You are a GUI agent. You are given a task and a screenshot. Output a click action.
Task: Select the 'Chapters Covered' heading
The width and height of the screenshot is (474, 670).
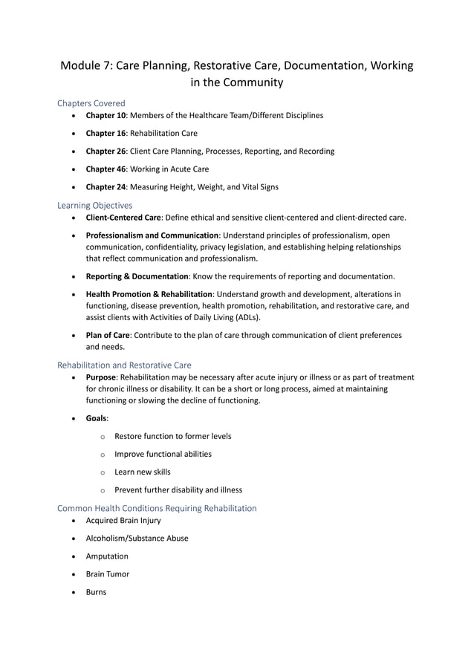[x=91, y=103]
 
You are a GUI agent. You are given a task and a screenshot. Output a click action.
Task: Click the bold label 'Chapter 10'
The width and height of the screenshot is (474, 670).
[x=105, y=115]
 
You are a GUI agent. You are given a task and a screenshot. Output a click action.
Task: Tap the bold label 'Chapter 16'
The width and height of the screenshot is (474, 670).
[x=105, y=133]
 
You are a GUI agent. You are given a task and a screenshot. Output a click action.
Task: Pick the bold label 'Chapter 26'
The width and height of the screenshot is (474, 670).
[x=105, y=151]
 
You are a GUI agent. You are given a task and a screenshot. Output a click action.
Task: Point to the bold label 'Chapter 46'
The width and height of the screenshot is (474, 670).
[x=105, y=169]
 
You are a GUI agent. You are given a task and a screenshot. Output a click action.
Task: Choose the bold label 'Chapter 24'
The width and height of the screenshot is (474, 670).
[x=105, y=186]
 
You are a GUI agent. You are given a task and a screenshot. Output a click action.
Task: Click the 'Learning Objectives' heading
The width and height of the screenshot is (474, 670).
[x=95, y=205]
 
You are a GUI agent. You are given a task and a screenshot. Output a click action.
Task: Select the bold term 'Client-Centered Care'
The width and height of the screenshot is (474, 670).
[x=123, y=217]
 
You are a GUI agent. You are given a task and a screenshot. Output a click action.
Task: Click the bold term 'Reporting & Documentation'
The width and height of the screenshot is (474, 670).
[x=137, y=276]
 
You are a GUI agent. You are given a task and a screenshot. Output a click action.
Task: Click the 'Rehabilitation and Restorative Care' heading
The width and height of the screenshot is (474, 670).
[x=124, y=365]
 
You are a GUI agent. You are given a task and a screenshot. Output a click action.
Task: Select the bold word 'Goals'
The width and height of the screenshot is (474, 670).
[x=97, y=418]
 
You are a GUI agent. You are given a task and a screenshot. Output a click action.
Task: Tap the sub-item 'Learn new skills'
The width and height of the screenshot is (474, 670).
[x=142, y=472]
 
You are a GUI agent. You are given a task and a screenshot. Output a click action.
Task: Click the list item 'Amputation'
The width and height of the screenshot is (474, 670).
[x=107, y=556]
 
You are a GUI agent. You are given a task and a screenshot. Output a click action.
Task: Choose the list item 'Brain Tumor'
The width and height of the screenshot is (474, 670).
[x=108, y=574]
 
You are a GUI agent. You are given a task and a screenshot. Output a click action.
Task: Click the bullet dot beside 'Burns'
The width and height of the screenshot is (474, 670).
[x=74, y=593]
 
